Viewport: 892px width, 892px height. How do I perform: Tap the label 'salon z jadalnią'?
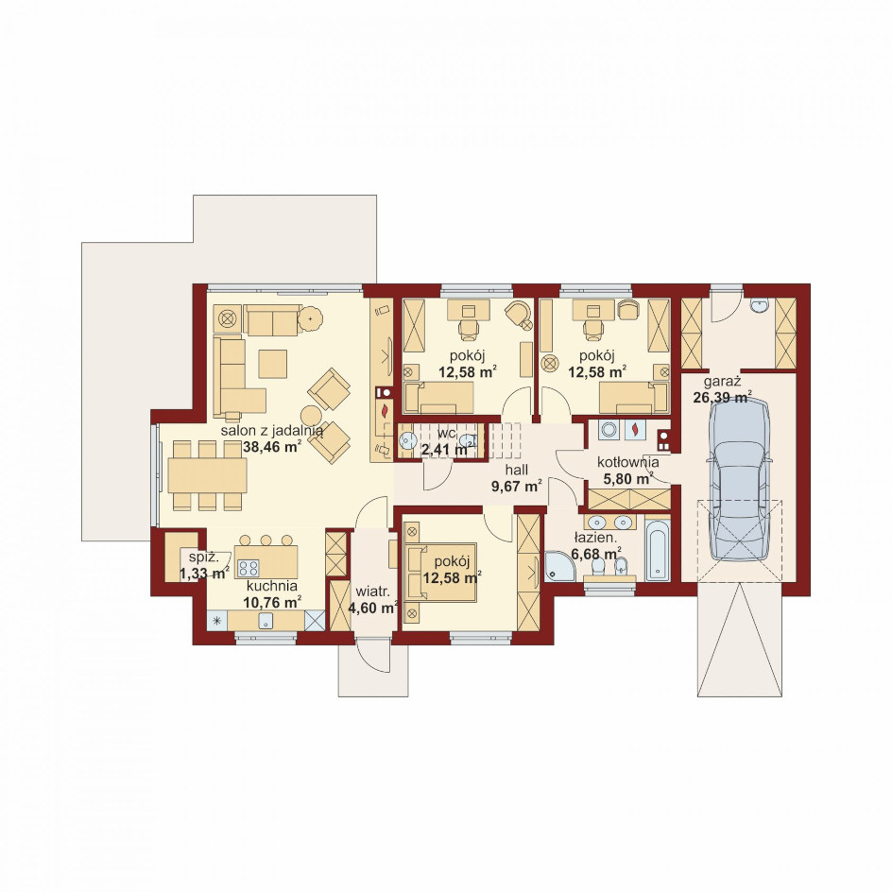pos(272,430)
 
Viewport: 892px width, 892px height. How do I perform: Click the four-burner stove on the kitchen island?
pos(249,568)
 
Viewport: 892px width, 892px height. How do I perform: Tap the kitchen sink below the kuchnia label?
pos(266,621)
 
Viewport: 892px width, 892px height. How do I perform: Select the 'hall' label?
pos(517,470)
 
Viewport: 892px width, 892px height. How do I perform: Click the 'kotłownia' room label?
pos(628,462)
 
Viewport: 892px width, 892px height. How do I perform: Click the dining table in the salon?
pos(207,475)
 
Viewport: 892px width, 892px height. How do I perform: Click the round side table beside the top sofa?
pos(310,318)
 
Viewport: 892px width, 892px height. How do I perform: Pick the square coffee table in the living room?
pos(272,364)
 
